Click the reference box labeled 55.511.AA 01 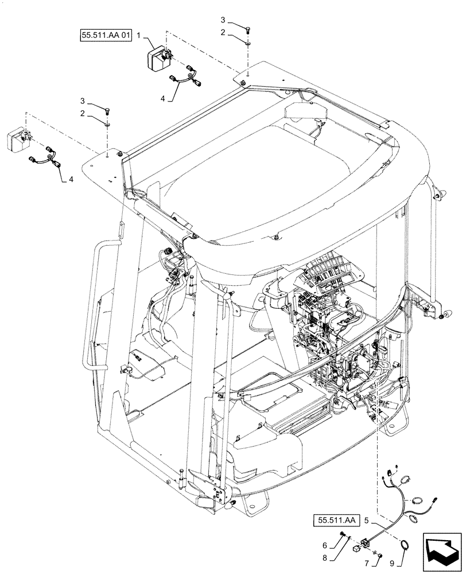pos(106,36)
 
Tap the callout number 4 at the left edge pos(71,179)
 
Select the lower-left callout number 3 pos(84,100)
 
